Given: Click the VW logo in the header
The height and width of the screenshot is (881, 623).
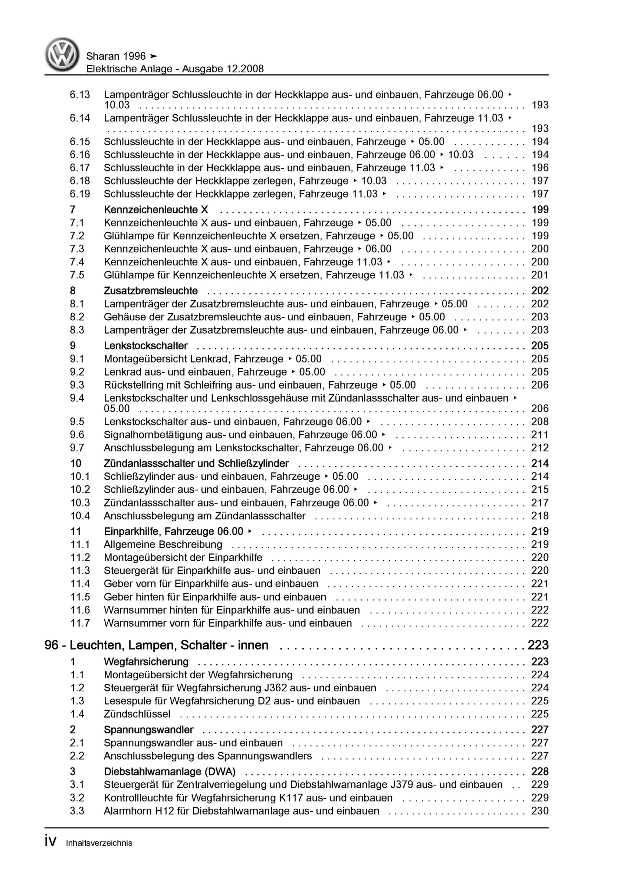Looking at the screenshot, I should coord(62,55).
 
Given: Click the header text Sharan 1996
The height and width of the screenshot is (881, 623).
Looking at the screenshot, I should coord(116,56).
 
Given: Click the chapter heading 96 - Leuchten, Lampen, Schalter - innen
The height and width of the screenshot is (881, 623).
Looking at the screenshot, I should coord(156,645).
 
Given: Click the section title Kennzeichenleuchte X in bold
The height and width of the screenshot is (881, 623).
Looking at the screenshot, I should coord(156,210).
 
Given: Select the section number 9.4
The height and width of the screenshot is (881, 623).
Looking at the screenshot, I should coord(77,398).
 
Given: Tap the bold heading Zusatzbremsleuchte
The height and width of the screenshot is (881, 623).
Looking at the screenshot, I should coord(150,291).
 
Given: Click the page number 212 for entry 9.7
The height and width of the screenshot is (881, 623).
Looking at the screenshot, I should coord(540,448).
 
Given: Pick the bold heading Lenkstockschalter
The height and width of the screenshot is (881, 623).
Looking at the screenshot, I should coord(146,346).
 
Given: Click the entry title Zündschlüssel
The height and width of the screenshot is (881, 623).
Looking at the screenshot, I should coord(137,714).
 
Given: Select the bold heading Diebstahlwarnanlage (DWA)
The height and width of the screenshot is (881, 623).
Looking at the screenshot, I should coord(169,771).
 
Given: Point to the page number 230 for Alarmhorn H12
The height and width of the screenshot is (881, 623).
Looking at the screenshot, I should coord(540,811).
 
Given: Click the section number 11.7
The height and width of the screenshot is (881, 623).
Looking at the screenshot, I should coord(80,623).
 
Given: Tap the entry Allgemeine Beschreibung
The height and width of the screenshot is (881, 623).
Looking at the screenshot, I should coord(163,544).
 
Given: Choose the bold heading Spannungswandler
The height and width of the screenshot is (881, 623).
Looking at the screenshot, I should coord(148,730).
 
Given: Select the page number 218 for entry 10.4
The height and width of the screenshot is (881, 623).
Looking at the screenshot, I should coord(540,516).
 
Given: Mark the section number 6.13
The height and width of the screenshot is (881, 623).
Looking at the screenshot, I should coord(80,94).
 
